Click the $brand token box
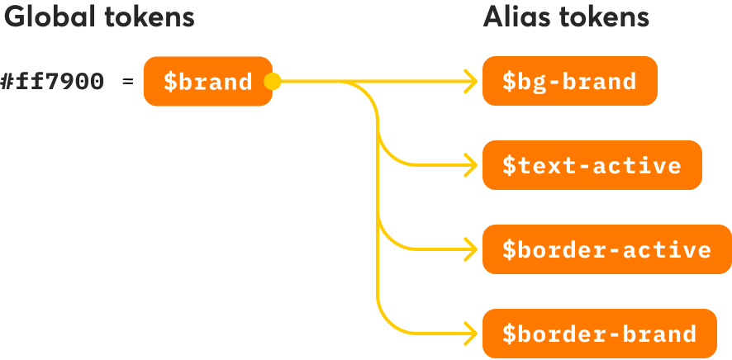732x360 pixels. coord(207,81)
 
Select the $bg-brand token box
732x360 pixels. coord(569,81)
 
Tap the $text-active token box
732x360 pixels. coord(592,165)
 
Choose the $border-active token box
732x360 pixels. coord(606,249)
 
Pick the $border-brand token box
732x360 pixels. coord(599,334)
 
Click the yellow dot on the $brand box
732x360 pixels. coord(272,81)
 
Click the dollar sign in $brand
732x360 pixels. coord(169,82)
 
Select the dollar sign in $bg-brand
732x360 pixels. coord(509,82)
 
